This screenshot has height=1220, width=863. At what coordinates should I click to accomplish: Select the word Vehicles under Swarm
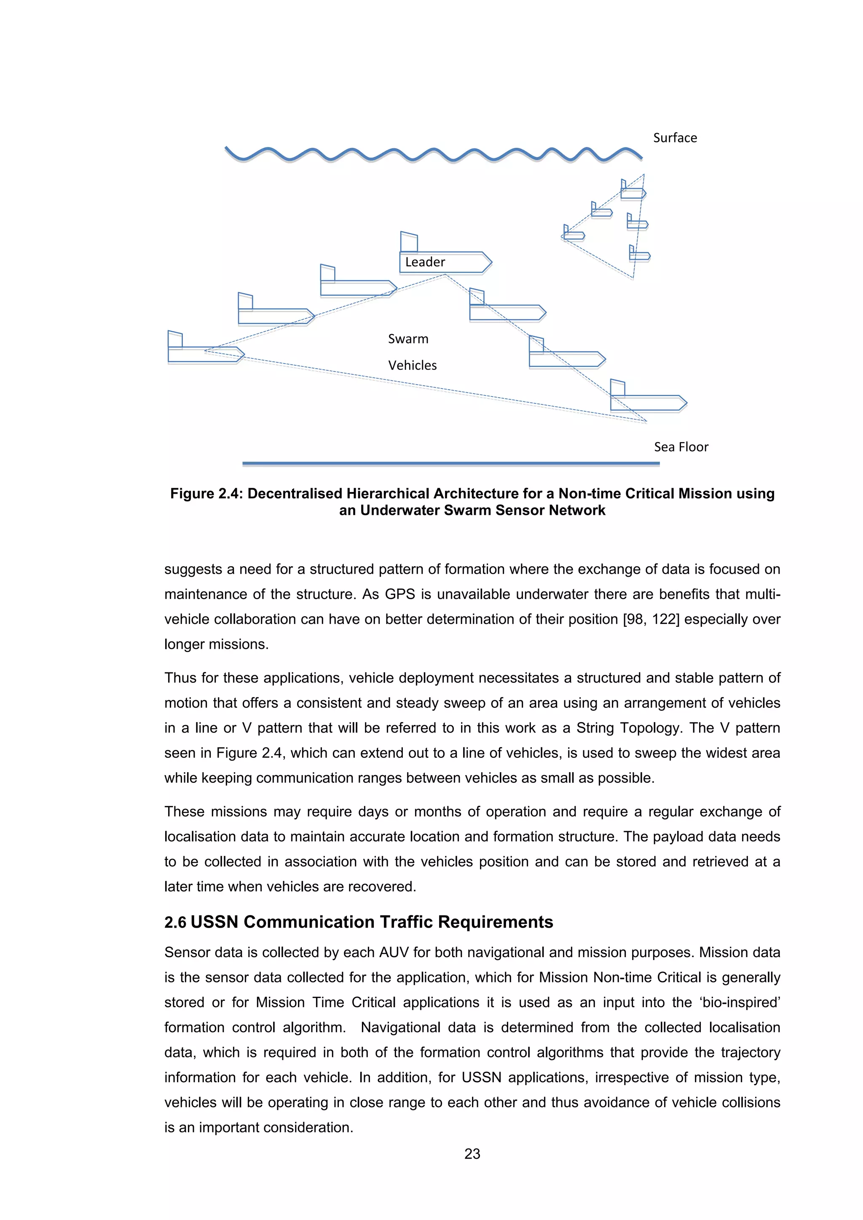pyautogui.click(x=413, y=366)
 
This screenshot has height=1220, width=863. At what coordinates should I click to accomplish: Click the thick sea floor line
pyautogui.click(x=450, y=464)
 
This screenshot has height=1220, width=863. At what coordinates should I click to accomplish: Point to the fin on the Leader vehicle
pyautogui.click(x=409, y=242)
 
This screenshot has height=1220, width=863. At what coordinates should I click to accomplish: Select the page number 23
pyautogui.click(x=472, y=1153)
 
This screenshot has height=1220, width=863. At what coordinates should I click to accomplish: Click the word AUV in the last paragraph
pyautogui.click(x=393, y=952)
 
